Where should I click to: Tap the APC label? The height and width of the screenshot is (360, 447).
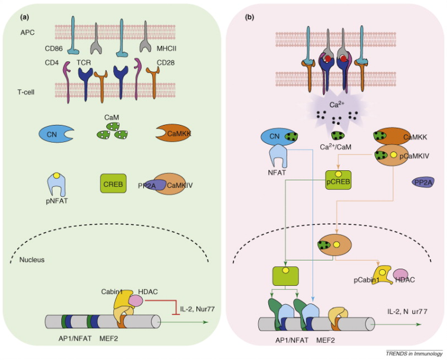[x=21, y=34]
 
